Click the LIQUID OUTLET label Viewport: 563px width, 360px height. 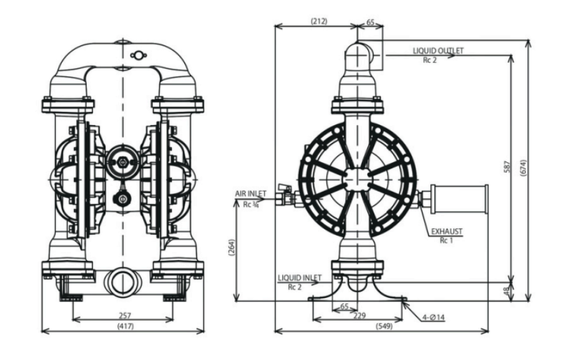(438, 51)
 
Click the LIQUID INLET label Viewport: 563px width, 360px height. (299, 278)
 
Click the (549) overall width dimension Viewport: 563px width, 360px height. (382, 326)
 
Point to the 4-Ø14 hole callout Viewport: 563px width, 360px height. (433, 318)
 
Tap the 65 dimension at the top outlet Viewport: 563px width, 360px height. (370, 22)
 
